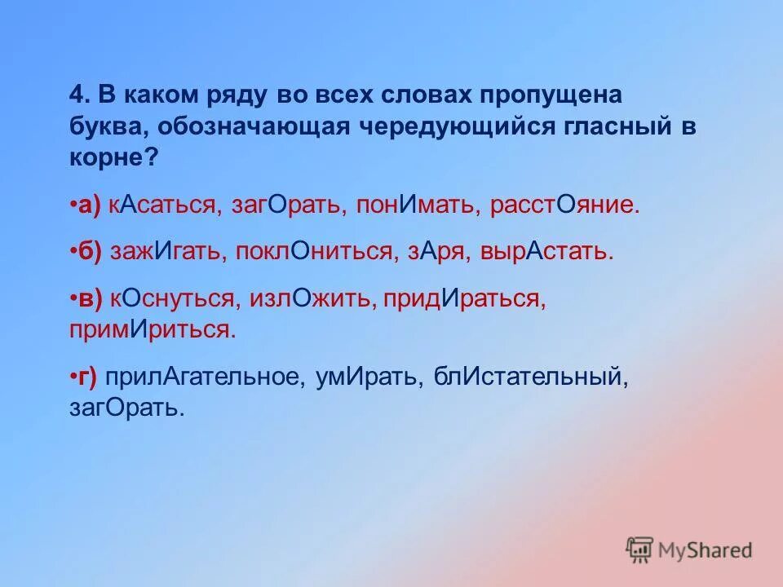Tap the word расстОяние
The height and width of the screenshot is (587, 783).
(x=564, y=205)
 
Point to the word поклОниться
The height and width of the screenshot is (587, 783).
(x=315, y=251)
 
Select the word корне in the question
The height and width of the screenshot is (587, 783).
(x=107, y=157)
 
